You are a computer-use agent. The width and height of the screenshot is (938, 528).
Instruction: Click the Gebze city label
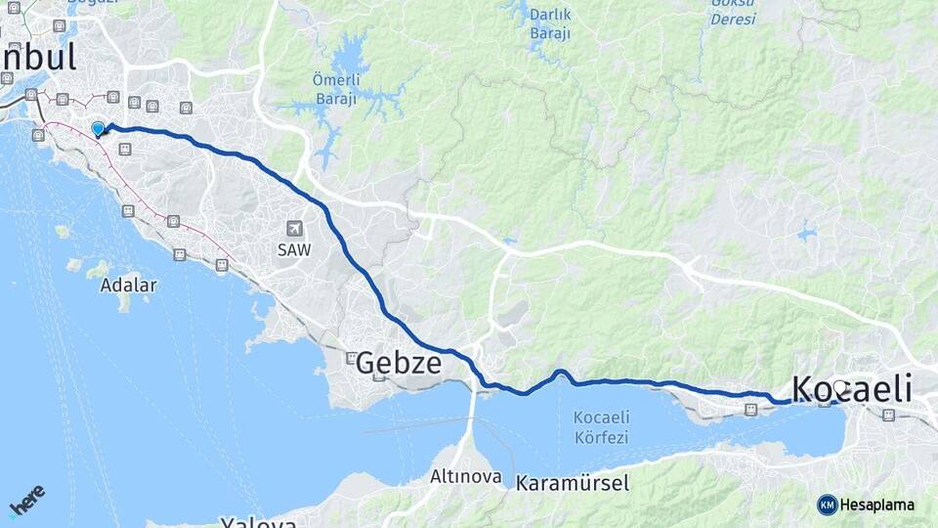click(x=398, y=364)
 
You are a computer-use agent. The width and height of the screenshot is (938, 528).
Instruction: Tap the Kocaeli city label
click(x=851, y=388)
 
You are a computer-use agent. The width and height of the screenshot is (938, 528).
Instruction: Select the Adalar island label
click(x=128, y=286)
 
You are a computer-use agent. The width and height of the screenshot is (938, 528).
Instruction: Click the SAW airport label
click(x=294, y=250)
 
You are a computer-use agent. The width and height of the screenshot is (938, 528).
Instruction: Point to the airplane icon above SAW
click(x=294, y=229)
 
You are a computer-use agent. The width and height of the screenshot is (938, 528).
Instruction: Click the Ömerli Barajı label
click(x=336, y=89)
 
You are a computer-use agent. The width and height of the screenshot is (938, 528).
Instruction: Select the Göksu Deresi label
click(x=733, y=11)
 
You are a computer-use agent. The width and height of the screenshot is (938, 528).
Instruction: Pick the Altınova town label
click(x=466, y=478)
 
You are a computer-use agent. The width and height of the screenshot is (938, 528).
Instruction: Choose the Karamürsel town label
click(x=573, y=483)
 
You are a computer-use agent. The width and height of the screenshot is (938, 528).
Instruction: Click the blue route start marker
click(x=98, y=129)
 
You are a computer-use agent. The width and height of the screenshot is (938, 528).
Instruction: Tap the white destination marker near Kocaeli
click(x=839, y=387)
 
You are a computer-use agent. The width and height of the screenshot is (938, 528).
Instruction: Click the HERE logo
click(x=27, y=500)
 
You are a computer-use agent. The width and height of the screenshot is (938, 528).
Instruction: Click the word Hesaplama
click(x=877, y=506)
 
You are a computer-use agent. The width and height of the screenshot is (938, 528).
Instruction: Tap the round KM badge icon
click(x=827, y=506)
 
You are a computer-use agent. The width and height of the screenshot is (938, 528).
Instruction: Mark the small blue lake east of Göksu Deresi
click(x=806, y=234)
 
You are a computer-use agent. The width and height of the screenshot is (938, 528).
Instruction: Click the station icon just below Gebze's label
click(x=351, y=357)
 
